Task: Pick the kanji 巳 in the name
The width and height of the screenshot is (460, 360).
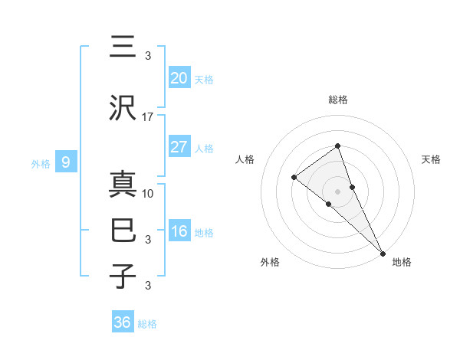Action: click(x=123, y=231)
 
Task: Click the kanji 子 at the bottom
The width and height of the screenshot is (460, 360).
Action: click(x=123, y=277)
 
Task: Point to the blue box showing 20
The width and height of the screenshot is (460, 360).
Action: click(x=179, y=78)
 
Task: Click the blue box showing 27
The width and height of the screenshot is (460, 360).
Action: click(x=179, y=147)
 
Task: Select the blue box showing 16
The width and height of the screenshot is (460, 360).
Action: click(x=179, y=231)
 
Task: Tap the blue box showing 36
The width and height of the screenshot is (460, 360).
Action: click(x=123, y=322)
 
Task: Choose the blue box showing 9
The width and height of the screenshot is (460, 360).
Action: click(x=67, y=162)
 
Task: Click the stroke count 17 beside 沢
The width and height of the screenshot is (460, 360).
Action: click(x=148, y=117)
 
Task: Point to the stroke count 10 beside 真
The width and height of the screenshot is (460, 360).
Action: click(x=148, y=194)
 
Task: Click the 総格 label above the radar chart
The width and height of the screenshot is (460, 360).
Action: click(x=337, y=100)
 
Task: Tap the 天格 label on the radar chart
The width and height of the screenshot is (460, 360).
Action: click(x=432, y=159)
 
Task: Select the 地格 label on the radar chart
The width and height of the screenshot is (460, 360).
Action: click(x=402, y=263)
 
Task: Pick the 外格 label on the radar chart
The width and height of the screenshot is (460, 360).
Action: click(x=270, y=263)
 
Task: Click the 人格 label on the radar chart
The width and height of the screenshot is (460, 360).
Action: click(x=245, y=159)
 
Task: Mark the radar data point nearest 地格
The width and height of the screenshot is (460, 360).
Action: click(x=383, y=253)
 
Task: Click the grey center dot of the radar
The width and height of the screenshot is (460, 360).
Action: click(x=337, y=191)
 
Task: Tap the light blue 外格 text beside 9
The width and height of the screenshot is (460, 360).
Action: click(x=40, y=163)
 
